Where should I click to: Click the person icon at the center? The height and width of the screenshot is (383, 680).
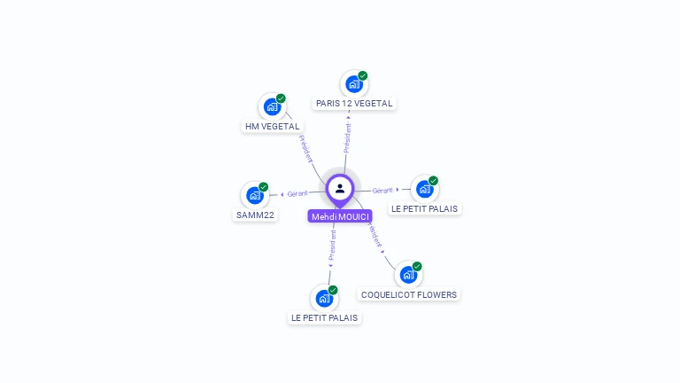coord(340,188)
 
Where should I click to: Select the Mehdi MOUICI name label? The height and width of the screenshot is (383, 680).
coord(340,216)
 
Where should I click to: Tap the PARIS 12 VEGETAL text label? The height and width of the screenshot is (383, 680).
coord(354,104)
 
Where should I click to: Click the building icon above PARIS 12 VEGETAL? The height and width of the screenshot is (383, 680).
coord(353,84)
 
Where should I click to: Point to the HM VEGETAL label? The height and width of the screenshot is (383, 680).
coord(273,127)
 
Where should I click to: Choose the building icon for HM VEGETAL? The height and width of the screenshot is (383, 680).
coord(272,107)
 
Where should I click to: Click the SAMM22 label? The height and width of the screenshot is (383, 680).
coord(255,215)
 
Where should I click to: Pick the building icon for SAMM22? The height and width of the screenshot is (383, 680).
coord(255,195)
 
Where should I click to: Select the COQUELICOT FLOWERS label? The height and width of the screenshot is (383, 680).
coord(409,294)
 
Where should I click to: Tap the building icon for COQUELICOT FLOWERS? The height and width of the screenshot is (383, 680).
coord(408,275)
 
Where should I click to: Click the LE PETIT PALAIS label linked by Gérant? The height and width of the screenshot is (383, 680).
coord(425,208)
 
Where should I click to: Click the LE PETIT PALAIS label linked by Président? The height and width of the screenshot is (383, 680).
coord(324,317)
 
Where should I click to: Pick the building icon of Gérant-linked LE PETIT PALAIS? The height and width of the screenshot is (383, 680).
coord(425,189)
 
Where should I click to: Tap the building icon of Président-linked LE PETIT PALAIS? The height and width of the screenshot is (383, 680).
coord(324,299)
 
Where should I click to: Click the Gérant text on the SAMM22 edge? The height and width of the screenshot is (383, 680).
coord(297,193)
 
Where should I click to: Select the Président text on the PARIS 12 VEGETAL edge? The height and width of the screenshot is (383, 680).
coord(347,137)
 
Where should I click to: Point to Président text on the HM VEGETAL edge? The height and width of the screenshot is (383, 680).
coord(305,148)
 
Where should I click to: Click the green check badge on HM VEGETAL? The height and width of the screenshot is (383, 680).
coord(281,98)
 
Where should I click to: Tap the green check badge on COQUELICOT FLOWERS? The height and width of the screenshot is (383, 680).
coord(417,266)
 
